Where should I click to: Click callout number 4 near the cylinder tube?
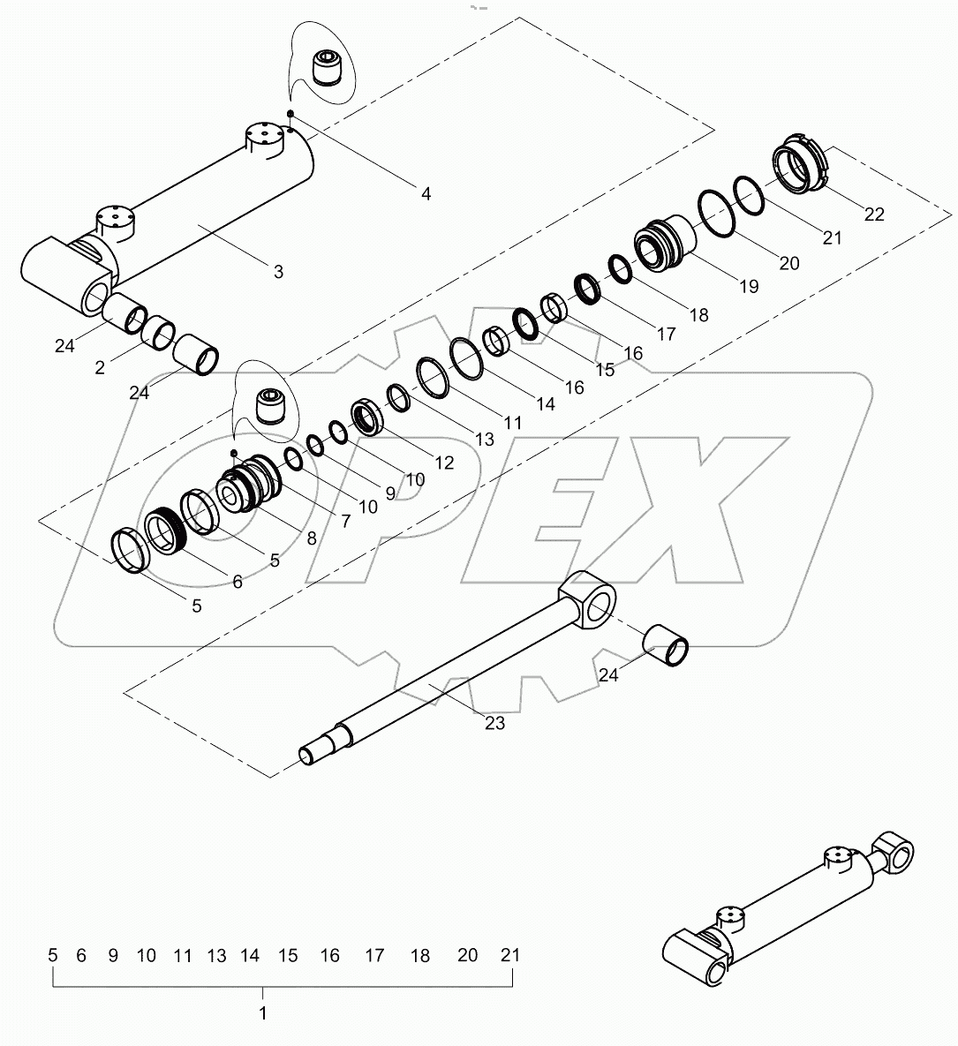click(426, 192)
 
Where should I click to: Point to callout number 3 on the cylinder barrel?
click(278, 272)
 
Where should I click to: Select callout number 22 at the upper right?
click(874, 214)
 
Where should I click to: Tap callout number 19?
click(749, 286)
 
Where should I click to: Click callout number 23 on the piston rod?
click(494, 723)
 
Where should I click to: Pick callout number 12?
click(443, 462)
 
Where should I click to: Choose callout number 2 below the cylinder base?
click(100, 367)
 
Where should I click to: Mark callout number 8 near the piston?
click(312, 537)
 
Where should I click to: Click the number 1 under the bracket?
click(262, 1013)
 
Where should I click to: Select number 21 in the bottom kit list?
click(510, 955)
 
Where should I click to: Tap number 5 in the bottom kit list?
click(53, 955)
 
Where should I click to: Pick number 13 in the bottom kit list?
click(216, 955)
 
